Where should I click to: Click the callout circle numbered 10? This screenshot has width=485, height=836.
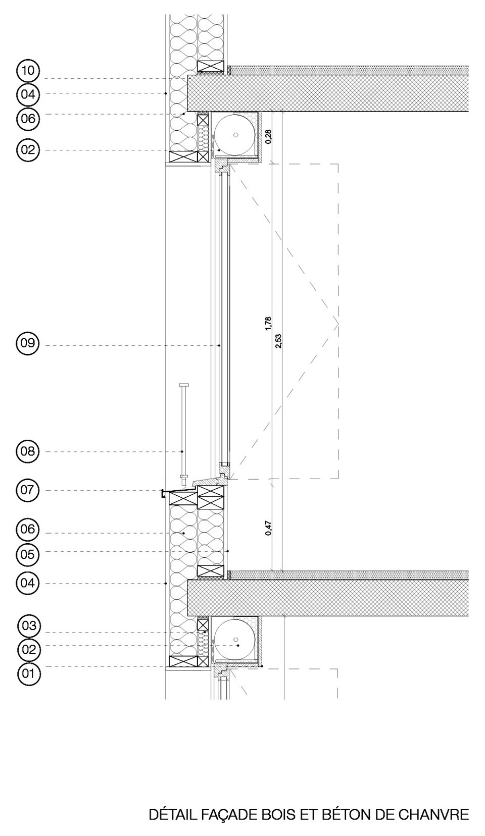(28, 70)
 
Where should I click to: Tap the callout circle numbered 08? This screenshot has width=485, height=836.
(28, 451)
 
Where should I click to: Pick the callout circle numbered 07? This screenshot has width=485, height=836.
(28, 490)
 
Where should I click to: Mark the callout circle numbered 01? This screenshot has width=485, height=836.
(29, 673)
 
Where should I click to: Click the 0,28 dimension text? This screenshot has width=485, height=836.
(268, 136)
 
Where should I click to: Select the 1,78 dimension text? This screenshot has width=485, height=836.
(268, 324)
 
